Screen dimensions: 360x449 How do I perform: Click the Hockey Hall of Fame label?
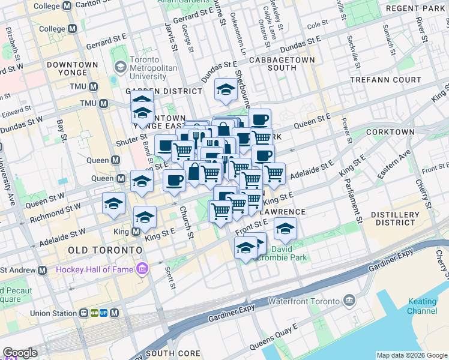(x=95, y=269)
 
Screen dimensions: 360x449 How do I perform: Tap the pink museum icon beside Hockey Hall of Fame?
(x=142, y=268)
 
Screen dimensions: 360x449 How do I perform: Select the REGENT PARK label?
(x=414, y=8)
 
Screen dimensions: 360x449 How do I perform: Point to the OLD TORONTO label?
(x=105, y=249)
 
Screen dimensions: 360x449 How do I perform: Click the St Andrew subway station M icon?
(x=42, y=271)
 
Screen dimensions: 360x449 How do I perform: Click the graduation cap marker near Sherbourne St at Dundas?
(x=226, y=91)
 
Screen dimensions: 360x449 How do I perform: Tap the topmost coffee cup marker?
(x=259, y=119)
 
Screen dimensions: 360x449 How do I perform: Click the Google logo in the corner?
(x=20, y=353)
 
